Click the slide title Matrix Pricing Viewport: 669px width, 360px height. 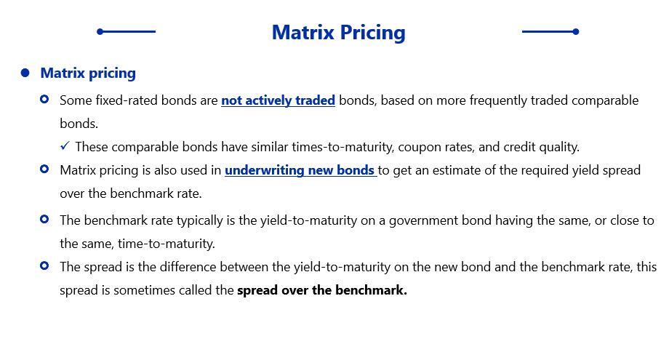tap(339, 33)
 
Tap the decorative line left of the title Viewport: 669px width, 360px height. tap(127, 31)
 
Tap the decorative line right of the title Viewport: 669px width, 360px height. tap(550, 31)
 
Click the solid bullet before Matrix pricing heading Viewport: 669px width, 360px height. tap(25, 73)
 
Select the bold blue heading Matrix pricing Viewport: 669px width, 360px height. tap(88, 73)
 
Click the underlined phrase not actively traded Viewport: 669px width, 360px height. tap(279, 100)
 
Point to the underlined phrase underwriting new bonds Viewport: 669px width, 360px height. tap(300, 170)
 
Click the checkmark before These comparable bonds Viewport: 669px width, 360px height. tap(65, 146)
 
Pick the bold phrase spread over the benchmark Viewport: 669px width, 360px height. tap(322, 290)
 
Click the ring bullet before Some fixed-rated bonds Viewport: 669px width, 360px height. tap(44, 100)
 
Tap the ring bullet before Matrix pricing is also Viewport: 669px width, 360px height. tap(44, 169)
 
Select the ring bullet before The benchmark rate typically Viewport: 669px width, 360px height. tap(44, 219)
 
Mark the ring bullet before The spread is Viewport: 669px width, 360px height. tap(44, 265)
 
